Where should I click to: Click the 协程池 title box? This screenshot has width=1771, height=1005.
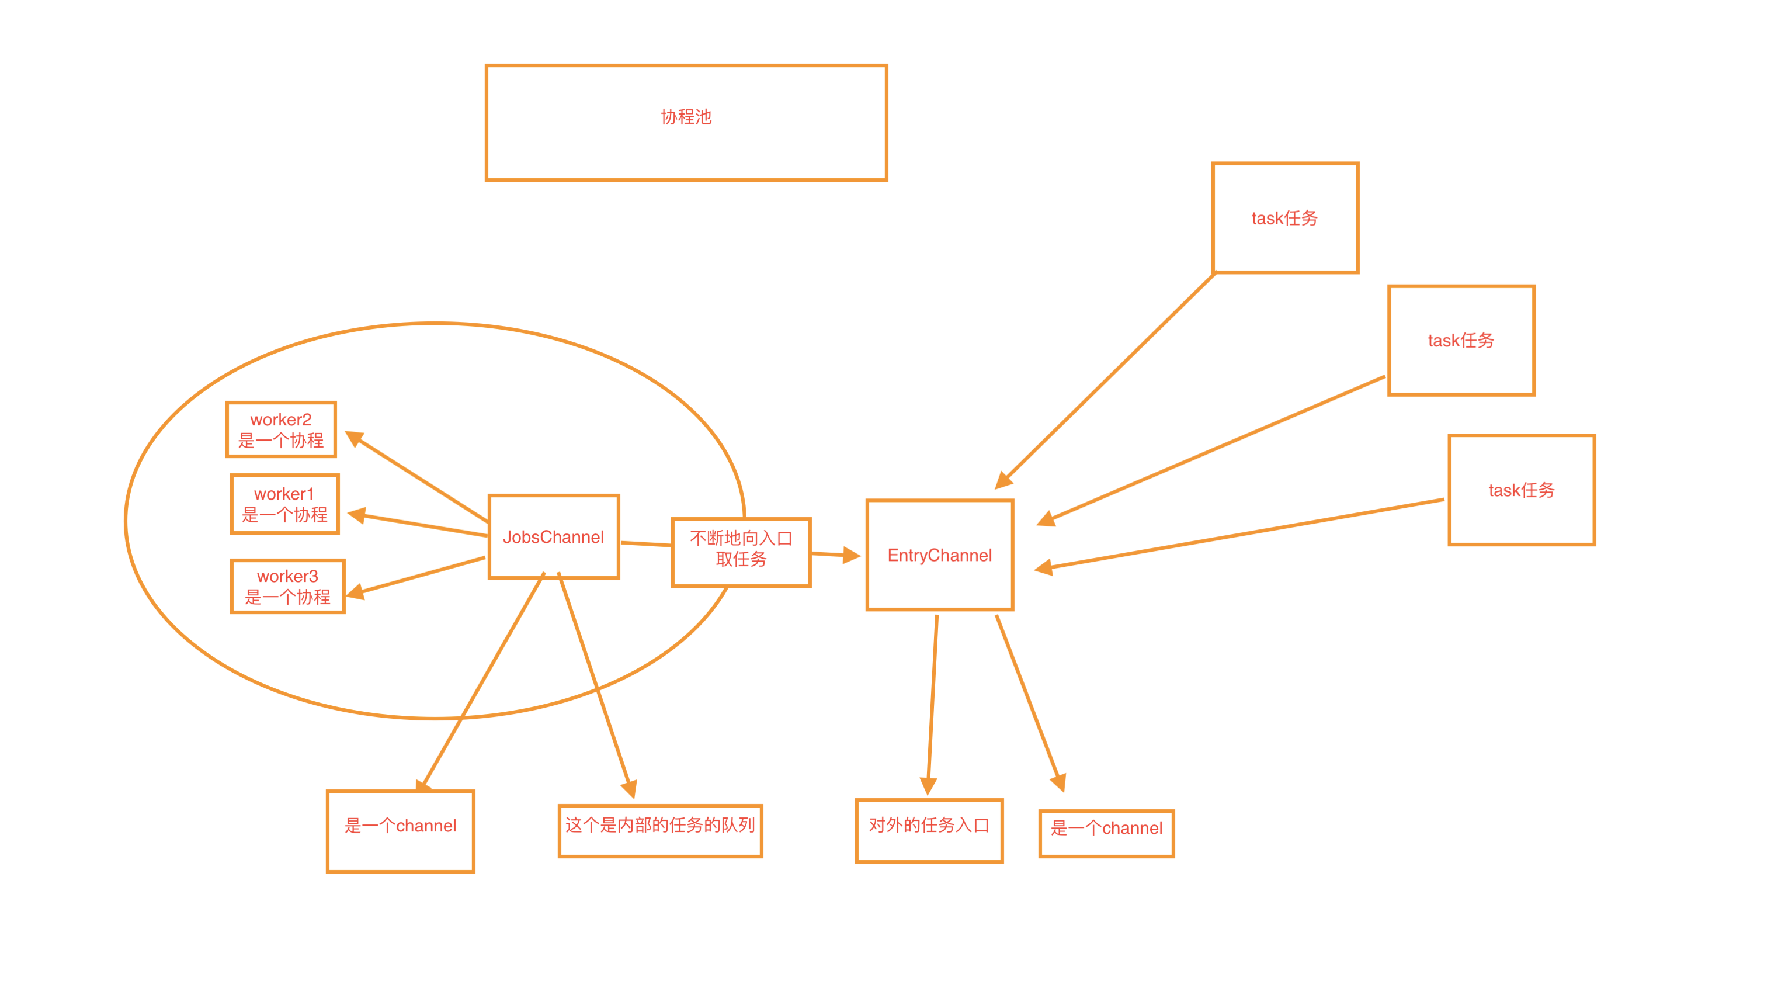pyautogui.click(x=686, y=123)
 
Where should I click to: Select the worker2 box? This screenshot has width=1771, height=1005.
pyautogui.click(x=281, y=429)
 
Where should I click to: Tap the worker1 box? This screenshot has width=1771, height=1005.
pyautogui.click(x=284, y=504)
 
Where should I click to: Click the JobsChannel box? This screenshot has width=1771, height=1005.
pyautogui.click(x=553, y=536)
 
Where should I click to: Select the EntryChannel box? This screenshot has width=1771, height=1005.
pyautogui.click(x=939, y=555)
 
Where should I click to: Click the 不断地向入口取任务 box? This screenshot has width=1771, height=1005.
pyautogui.click(x=741, y=552)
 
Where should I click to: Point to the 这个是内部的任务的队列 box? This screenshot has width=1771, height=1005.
pyautogui.click(x=659, y=830)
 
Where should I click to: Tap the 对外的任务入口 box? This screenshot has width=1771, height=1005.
pyautogui.click(x=929, y=830)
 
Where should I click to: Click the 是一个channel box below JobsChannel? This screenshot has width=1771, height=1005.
pyautogui.click(x=400, y=831)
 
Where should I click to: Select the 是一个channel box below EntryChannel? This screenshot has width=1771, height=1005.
pyautogui.click(x=1106, y=833)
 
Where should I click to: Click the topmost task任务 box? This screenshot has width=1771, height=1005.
pyautogui.click(x=1284, y=218)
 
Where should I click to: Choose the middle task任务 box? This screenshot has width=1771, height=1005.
pyautogui.click(x=1460, y=340)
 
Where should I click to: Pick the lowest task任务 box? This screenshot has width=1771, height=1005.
pyautogui.click(x=1521, y=490)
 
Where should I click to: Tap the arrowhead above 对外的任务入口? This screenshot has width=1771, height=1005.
pyautogui.click(x=929, y=785)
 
